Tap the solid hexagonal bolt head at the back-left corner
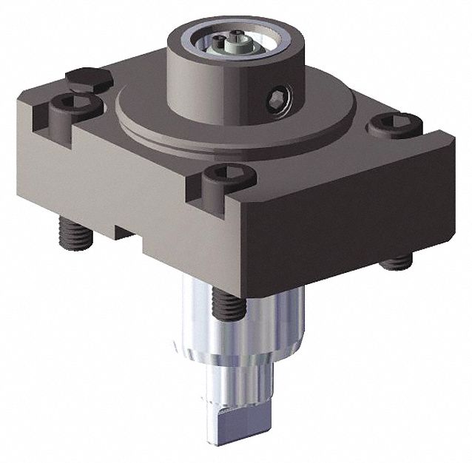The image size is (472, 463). tap(88, 77)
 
